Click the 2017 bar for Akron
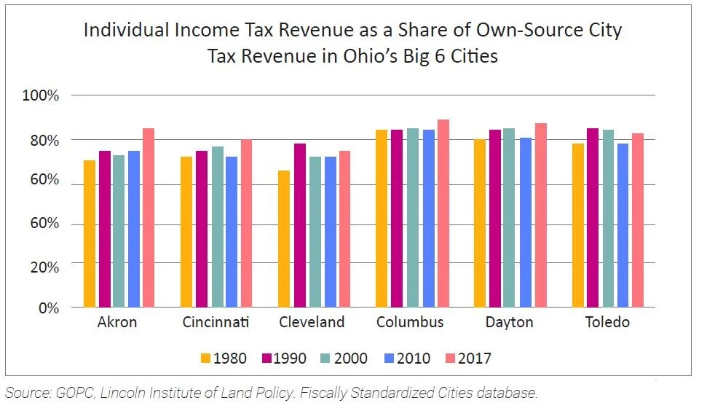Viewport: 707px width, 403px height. pos(148,218)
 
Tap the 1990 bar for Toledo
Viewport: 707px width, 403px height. pos(593,218)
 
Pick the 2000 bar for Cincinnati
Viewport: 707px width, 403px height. pos(216,227)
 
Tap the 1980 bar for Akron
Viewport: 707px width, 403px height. pos(90,234)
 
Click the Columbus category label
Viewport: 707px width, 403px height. pos(410,322)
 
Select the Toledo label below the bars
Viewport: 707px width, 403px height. pos(607,322)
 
